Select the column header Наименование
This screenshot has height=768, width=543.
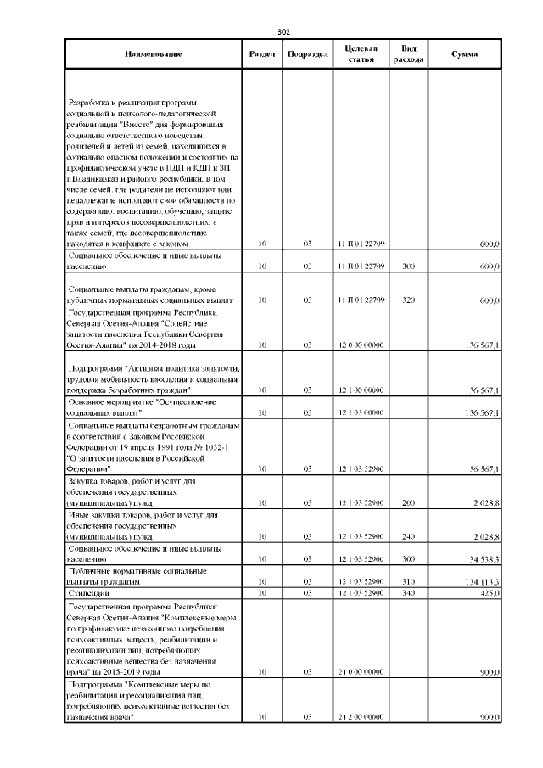(153, 54)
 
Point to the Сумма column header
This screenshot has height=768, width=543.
(464, 54)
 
